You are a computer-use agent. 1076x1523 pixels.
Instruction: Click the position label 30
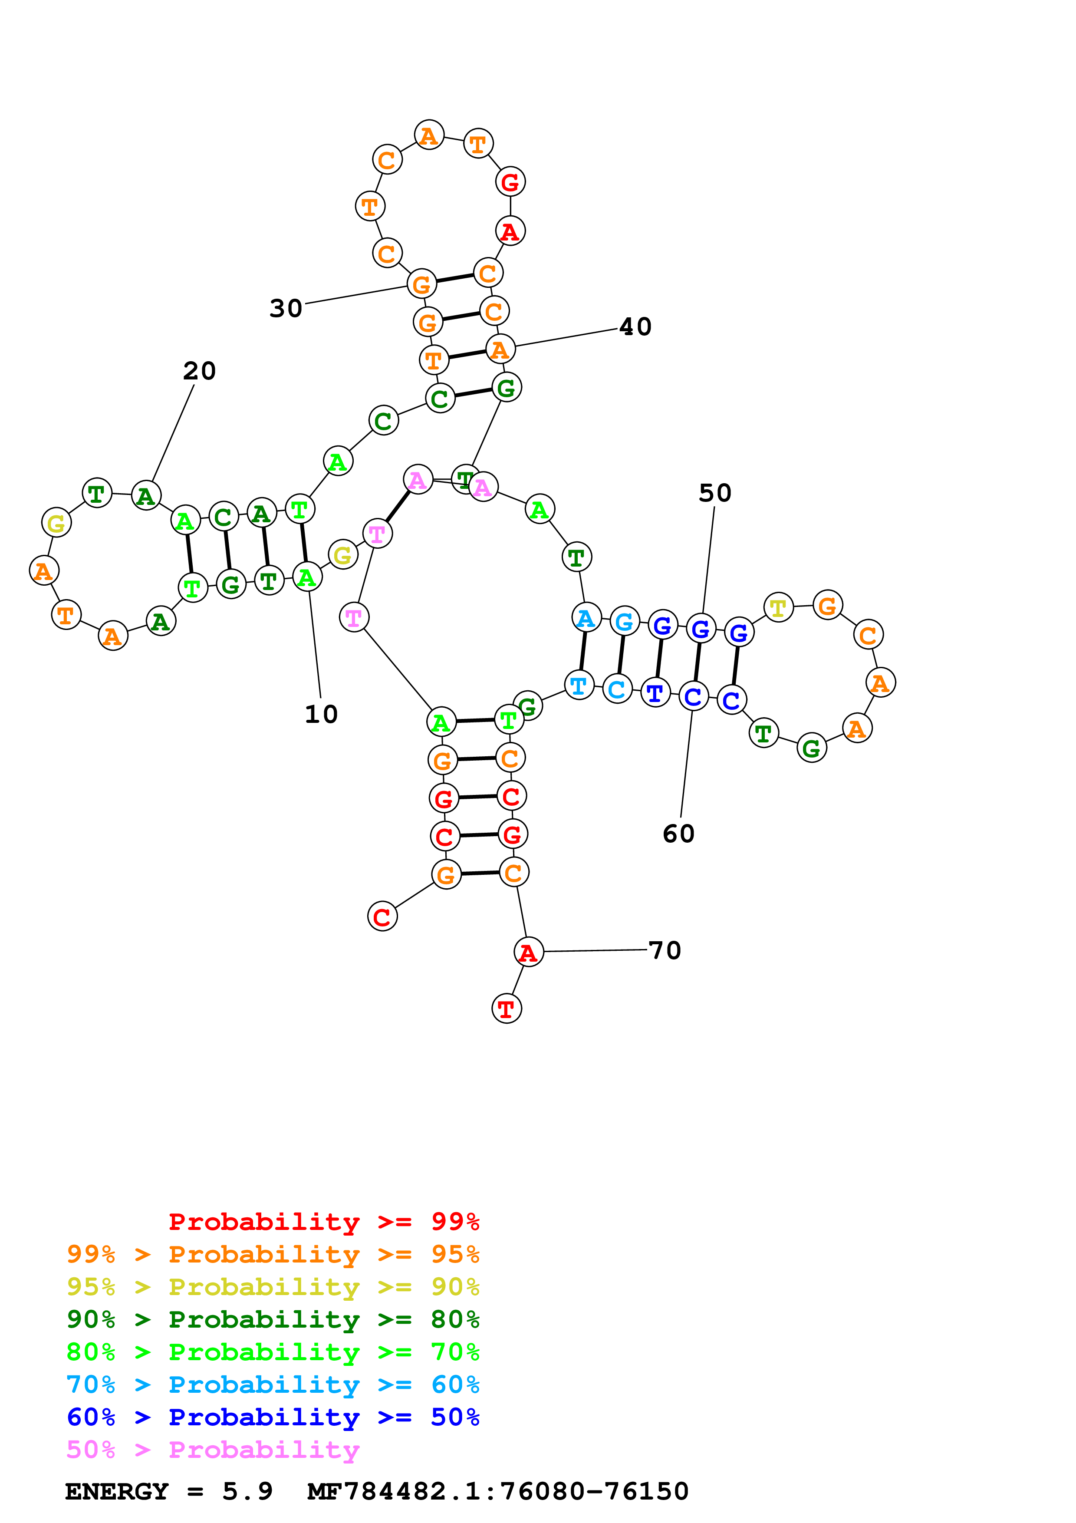click(x=286, y=308)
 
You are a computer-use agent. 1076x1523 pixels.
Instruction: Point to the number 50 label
click(x=715, y=493)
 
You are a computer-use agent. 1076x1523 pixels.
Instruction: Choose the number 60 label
click(x=678, y=834)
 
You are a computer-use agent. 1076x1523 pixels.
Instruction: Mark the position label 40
click(x=635, y=326)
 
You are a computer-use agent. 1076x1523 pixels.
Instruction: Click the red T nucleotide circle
click(x=507, y=1009)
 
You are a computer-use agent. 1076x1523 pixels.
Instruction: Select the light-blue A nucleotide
click(x=586, y=618)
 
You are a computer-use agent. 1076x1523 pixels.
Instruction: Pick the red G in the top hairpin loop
click(x=510, y=182)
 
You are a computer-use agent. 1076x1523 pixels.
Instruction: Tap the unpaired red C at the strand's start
click(x=382, y=917)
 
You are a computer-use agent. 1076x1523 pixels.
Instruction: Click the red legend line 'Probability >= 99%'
click(x=323, y=1221)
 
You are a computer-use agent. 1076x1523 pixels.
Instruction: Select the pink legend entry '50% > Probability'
click(x=213, y=1449)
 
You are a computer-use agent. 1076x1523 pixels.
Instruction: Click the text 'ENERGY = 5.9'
click(x=168, y=1491)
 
